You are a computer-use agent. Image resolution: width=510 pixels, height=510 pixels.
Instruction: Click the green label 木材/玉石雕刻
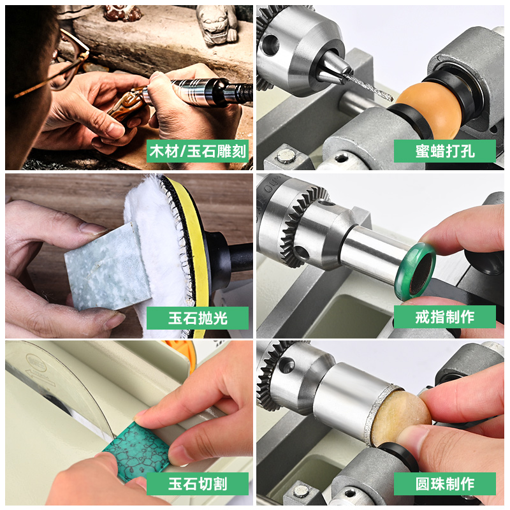198,151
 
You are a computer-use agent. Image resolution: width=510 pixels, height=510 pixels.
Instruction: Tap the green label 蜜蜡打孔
444,151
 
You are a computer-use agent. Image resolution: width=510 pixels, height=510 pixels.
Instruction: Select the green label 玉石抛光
198,317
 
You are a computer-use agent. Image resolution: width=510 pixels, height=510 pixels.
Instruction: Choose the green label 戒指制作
444,317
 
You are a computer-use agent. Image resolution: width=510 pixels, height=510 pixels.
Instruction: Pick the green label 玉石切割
198,484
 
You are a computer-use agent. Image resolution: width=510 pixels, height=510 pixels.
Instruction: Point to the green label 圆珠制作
444,484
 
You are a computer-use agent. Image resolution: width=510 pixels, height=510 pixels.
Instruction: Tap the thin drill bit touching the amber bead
368,86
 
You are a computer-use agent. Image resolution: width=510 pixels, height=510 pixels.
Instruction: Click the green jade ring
416,271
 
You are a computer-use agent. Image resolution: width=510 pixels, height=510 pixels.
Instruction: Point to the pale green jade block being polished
107,266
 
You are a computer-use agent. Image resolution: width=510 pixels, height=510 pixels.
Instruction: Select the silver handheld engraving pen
198,92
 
